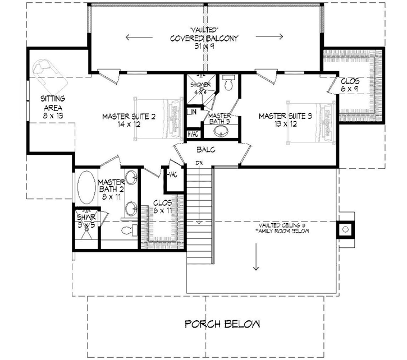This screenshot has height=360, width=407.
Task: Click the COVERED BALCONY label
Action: point(204,39)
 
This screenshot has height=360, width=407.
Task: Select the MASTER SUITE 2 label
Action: point(129,120)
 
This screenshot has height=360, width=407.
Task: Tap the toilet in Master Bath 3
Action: point(228,85)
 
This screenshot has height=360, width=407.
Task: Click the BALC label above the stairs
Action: point(204,150)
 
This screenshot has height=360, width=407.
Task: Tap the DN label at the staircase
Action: point(199,163)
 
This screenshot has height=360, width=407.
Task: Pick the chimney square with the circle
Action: point(345,228)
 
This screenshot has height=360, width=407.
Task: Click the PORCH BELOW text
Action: point(222,324)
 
